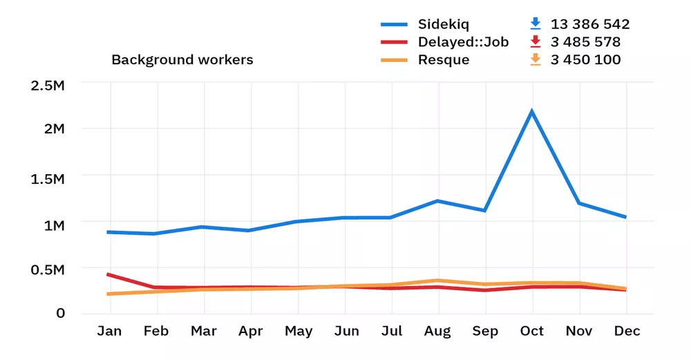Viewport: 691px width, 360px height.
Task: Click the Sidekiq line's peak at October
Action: pyautogui.click(x=531, y=111)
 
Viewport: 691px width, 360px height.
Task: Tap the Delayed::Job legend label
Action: pyautogui.click(x=463, y=42)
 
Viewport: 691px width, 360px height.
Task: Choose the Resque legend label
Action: pyautogui.click(x=444, y=60)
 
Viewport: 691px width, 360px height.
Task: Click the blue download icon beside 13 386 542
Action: pyautogui.click(x=535, y=24)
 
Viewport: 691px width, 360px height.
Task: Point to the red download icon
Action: pyautogui.click(x=535, y=42)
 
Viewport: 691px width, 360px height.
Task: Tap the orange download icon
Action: pyautogui.click(x=535, y=60)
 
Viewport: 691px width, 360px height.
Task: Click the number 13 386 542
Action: pyautogui.click(x=590, y=24)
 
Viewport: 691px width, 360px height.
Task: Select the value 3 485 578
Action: pyautogui.click(x=585, y=42)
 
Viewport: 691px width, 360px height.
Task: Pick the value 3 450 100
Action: pyautogui.click(x=585, y=60)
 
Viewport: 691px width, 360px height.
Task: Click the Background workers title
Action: pyautogui.click(x=182, y=60)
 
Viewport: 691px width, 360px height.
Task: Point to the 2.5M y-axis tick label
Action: pyautogui.click(x=48, y=86)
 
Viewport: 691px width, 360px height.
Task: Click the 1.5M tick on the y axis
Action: pyautogui.click(x=48, y=180)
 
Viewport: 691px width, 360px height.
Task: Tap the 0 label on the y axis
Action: pyautogui.click(x=61, y=313)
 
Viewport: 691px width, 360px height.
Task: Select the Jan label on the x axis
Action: pyautogui.click(x=109, y=332)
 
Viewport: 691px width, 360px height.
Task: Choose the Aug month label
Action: pyautogui.click(x=437, y=332)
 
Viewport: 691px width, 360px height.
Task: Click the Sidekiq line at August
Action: pyautogui.click(x=437, y=201)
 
